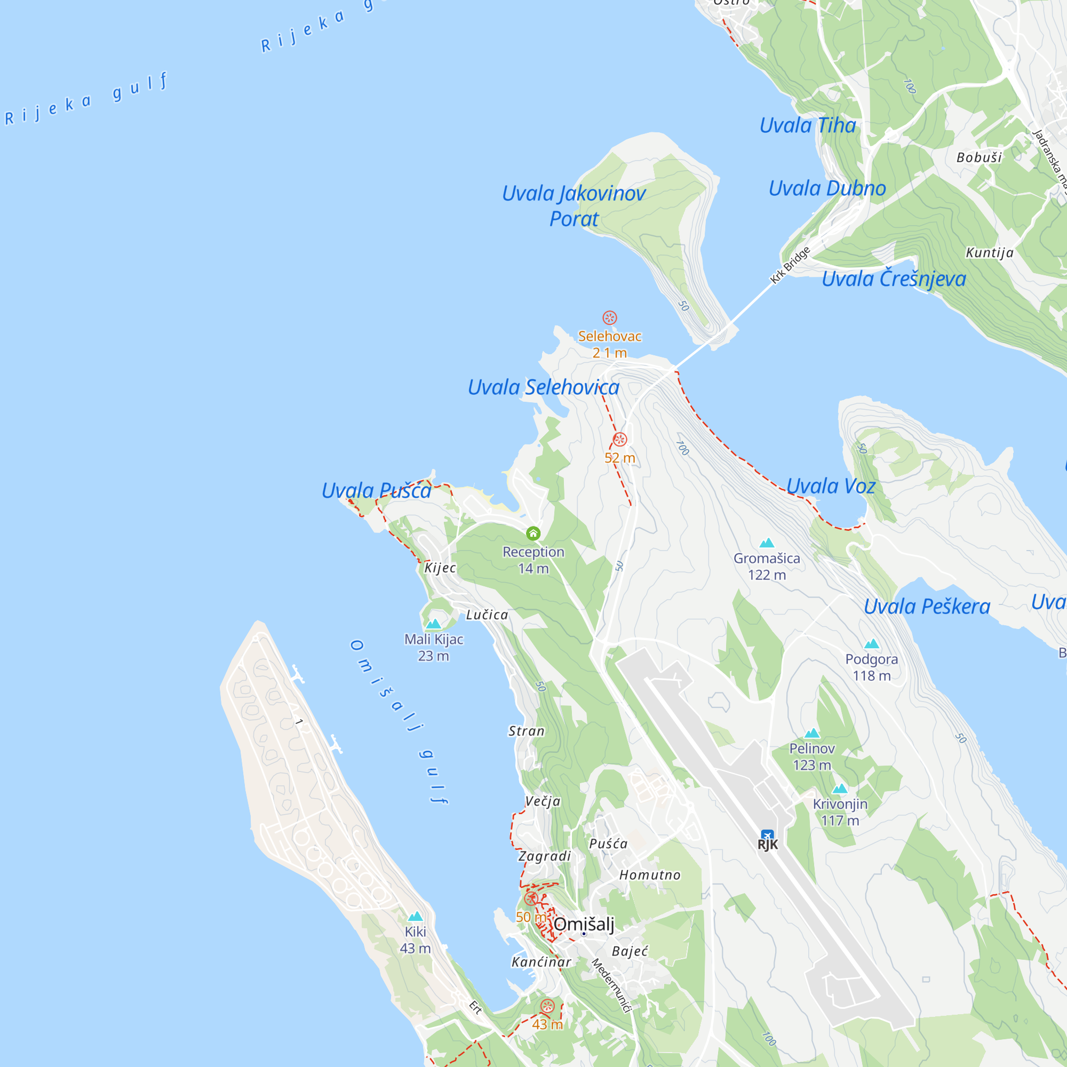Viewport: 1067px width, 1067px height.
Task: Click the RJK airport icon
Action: (x=767, y=835)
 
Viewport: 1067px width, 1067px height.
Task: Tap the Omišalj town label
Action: (x=584, y=924)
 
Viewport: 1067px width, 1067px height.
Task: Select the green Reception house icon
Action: (x=533, y=533)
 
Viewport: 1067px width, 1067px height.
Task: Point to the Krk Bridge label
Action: (x=790, y=265)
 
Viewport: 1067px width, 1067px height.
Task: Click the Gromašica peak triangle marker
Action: (x=767, y=543)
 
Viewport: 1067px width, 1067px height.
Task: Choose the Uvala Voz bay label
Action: (x=831, y=486)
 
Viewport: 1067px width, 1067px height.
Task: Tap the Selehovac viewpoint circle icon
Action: (x=609, y=317)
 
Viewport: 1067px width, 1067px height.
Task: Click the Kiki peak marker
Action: (x=415, y=917)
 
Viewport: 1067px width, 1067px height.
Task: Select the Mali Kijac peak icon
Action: (x=433, y=624)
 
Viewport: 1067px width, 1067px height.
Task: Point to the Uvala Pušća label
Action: (x=377, y=490)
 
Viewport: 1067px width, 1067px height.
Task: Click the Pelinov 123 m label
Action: (x=812, y=757)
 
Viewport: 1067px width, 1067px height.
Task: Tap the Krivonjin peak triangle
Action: (x=839, y=789)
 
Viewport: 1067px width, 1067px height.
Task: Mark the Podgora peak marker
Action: (x=872, y=643)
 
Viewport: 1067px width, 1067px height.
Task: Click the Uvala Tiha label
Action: (x=807, y=125)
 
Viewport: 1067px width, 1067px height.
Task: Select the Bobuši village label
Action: (x=979, y=157)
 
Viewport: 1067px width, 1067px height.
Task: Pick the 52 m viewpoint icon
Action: (x=619, y=440)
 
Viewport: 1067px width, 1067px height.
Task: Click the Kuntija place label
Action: (x=990, y=252)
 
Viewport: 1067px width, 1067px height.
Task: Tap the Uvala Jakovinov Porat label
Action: (x=574, y=206)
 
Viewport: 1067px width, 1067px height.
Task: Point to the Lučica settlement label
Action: (x=487, y=615)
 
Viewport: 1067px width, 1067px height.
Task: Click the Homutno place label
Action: (x=649, y=875)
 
